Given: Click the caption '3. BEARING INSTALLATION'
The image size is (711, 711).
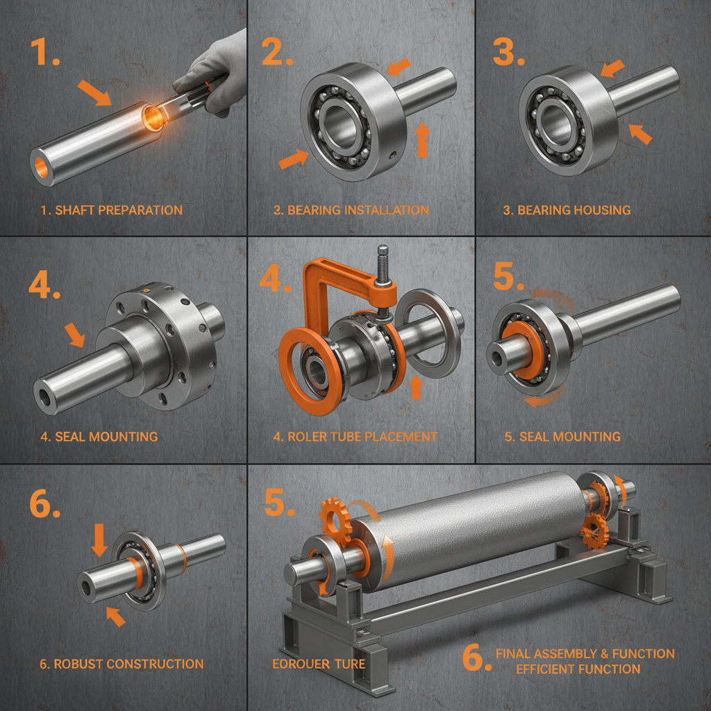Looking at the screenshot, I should click(351, 210).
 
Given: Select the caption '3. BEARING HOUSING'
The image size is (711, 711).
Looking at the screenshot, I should click(567, 210).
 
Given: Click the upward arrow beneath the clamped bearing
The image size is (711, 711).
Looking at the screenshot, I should click(416, 387).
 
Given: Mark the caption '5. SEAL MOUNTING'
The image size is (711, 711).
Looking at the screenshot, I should click(562, 437).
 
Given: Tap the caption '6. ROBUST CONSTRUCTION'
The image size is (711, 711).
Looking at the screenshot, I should click(122, 664).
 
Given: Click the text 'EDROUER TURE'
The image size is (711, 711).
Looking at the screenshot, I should click(319, 664).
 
